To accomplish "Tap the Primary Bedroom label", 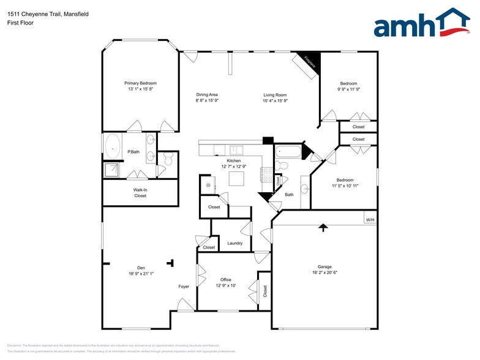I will (140, 83).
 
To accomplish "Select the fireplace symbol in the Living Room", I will (308, 64).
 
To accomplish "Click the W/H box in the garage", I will (370, 220).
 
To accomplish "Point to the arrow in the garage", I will (323, 227).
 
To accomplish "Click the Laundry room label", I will (234, 243).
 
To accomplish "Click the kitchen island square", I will (237, 178).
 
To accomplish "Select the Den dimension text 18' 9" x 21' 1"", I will (141, 274).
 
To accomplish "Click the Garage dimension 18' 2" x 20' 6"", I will (324, 272).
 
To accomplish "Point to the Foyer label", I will (184, 287).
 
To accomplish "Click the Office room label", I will (226, 280).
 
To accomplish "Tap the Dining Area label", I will (207, 95).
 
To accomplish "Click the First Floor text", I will (20, 23).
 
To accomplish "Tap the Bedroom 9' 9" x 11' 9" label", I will (348, 83).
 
